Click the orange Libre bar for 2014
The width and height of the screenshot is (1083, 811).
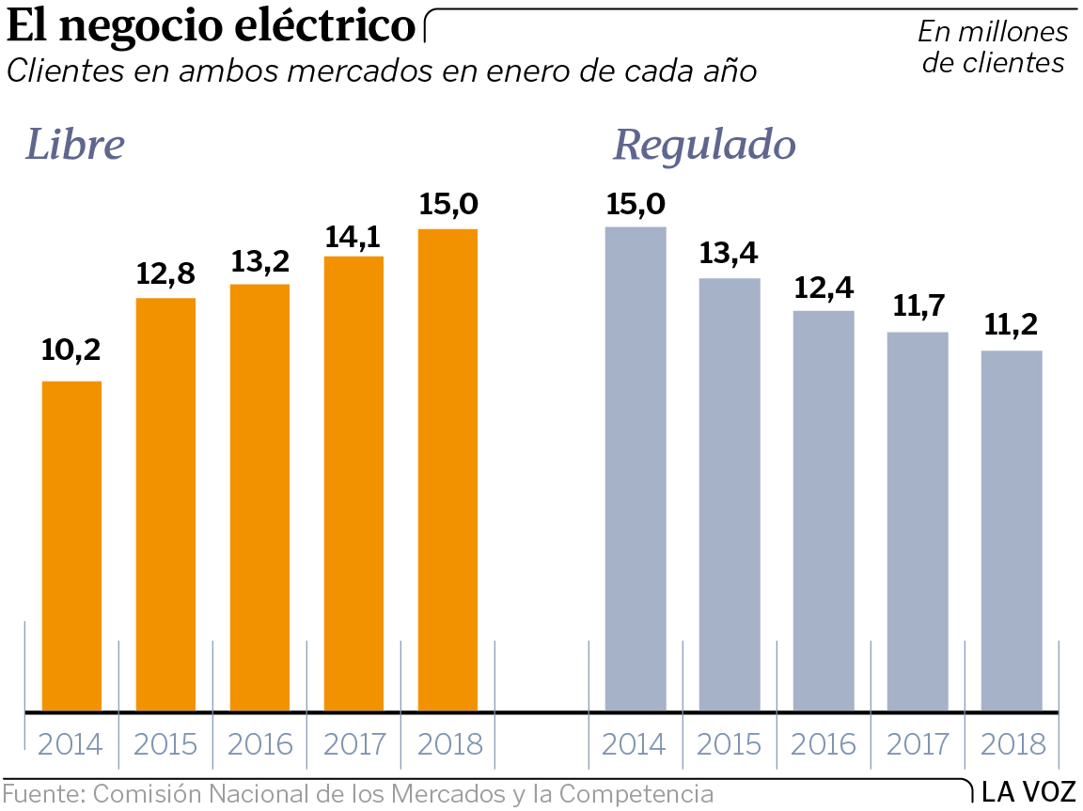[x=71, y=545]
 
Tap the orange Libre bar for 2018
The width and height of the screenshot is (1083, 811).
[x=447, y=469]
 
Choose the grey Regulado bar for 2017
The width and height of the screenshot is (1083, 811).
[x=918, y=521]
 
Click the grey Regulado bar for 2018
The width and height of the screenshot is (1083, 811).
[x=1012, y=530]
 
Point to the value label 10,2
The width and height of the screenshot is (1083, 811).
[x=71, y=351]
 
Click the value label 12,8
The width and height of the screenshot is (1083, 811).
[x=165, y=273]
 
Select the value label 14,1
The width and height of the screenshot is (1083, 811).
[x=353, y=235]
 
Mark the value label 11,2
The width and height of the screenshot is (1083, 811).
[x=1011, y=325]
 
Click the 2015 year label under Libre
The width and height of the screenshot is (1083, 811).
[x=165, y=745]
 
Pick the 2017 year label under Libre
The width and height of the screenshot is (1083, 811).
[x=353, y=745]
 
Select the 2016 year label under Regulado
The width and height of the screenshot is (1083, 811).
[x=824, y=745]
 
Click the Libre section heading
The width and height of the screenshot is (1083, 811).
[x=75, y=145]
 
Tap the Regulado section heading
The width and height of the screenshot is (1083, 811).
[x=704, y=147]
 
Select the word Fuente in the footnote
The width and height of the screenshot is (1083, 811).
[x=42, y=793]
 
